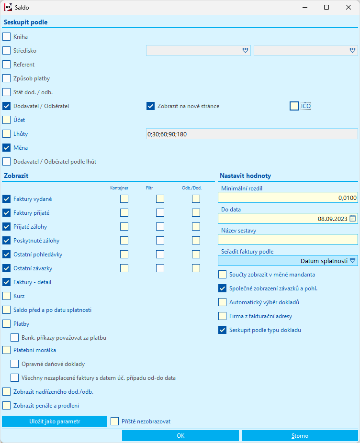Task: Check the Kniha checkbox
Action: pos(6,36)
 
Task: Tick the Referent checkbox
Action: pos(6,64)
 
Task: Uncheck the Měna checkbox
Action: pos(6,148)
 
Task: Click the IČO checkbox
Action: pos(294,106)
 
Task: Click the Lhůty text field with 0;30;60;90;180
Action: pos(252,134)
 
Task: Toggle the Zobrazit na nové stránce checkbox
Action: pos(150,106)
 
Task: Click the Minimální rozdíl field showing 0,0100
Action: pos(288,198)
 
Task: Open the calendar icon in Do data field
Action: pos(353,219)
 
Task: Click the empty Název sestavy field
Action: pos(288,240)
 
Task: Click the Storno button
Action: pos(300,436)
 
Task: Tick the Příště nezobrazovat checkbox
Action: pos(114,421)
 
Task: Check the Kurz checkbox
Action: pos(6,296)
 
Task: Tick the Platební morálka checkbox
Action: pos(6,350)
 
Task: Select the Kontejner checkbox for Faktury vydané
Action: pos(124,199)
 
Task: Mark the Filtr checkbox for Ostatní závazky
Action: pos(160,268)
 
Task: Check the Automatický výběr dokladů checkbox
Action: pos(222,302)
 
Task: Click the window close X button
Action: pos(348,7)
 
